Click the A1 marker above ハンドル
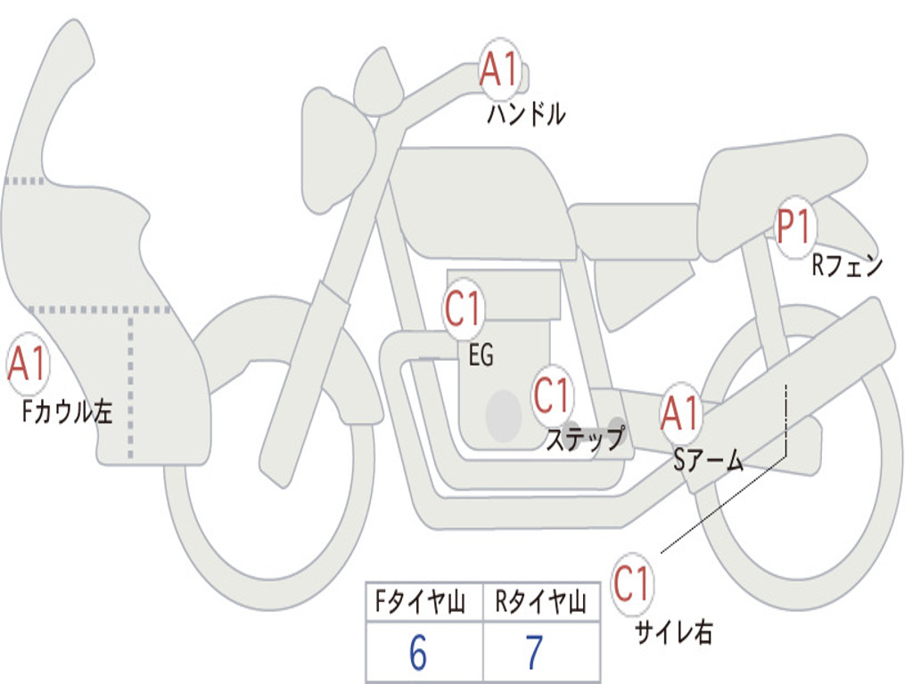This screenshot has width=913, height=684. pos(499,68)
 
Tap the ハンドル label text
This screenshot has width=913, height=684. pos(526,114)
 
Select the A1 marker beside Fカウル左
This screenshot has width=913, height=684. pos(28,365)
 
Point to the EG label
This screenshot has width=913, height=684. pos(481,355)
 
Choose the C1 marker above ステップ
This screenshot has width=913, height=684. pos(552,395)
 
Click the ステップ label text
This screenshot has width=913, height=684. pos(585,439)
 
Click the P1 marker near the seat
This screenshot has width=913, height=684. pos(794,228)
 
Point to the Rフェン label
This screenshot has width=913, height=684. pos(847,265)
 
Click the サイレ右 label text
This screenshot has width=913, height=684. pos(673,631)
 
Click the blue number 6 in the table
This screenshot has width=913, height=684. pos(418,654)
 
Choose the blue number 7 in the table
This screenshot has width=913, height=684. pos(534,654)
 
